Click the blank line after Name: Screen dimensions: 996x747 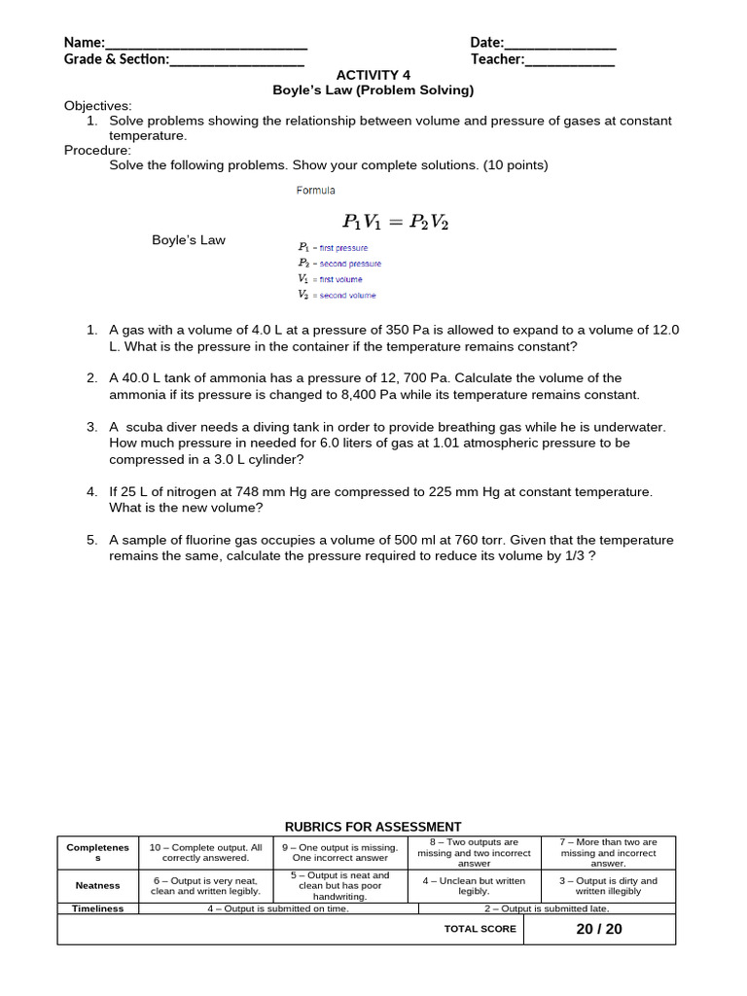(205, 44)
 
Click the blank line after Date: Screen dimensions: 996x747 (559, 44)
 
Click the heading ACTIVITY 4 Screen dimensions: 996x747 (373, 75)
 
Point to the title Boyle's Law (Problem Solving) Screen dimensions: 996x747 (373, 90)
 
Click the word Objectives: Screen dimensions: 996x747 (98, 106)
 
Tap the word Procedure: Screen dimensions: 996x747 (97, 150)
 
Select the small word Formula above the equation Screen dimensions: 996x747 (315, 191)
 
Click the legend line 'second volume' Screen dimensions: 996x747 (338, 295)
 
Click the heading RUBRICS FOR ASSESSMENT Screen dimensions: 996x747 (373, 827)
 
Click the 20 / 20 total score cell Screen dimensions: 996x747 (598, 929)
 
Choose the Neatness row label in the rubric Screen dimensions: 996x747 (97, 885)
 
